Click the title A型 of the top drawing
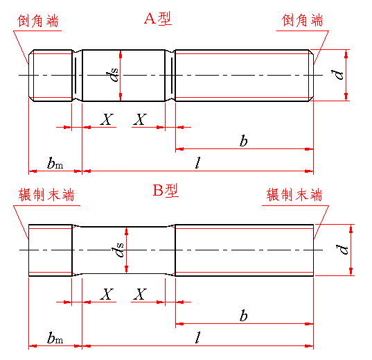pos(158,19)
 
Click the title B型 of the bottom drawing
pos(166,190)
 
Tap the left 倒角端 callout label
pos(38,21)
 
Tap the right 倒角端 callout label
pos(302,20)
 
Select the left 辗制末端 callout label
pos(46,195)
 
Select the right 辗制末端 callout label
pos(294,195)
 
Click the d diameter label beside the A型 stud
pos(337,75)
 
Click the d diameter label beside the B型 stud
pos(342,250)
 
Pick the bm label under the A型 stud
pos(55,163)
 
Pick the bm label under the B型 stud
pos(55,338)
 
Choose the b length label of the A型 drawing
pos(243,141)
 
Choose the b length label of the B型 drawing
pos(243,316)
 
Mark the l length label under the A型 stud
pos(198,163)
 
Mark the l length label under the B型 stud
pos(198,338)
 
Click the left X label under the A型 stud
pos(107,119)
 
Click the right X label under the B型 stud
pos(140,294)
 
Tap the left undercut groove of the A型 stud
pos(77,76)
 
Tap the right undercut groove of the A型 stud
pos(170,76)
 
